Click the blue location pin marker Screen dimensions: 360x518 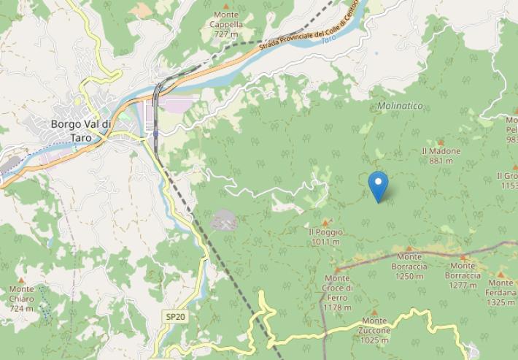(378, 185)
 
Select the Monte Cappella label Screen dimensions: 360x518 (226, 24)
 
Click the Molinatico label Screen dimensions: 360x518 (400, 106)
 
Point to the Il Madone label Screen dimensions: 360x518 (441, 156)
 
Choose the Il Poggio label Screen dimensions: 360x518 (325, 237)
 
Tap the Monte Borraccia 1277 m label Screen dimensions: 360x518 (463, 275)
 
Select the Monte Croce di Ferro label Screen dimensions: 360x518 (337, 292)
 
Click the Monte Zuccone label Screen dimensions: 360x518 (374, 326)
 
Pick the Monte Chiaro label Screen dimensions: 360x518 (21, 298)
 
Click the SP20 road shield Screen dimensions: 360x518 (174, 316)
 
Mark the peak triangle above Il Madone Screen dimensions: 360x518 (440, 142)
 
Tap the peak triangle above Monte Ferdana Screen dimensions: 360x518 (500, 275)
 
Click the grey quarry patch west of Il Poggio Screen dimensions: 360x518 (224, 219)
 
